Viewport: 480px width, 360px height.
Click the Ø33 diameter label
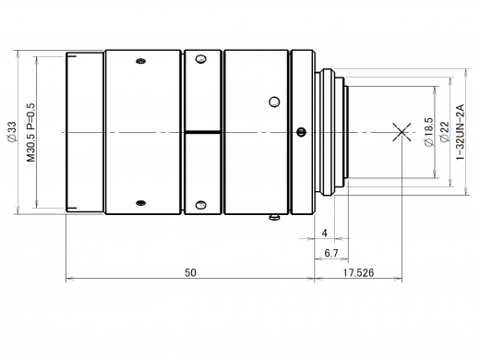[11, 132]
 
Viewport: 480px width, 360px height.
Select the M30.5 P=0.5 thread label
[31, 132]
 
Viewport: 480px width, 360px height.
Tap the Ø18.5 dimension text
[428, 132]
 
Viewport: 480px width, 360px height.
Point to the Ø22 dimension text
[445, 132]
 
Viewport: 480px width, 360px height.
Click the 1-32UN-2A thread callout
[461, 132]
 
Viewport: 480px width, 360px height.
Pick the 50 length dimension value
[190, 272]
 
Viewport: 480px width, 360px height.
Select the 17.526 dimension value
[359, 272]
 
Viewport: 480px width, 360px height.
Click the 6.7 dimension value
[331, 253]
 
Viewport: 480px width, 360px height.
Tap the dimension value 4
[325, 234]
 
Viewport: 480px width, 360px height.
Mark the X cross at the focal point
[402, 132]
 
